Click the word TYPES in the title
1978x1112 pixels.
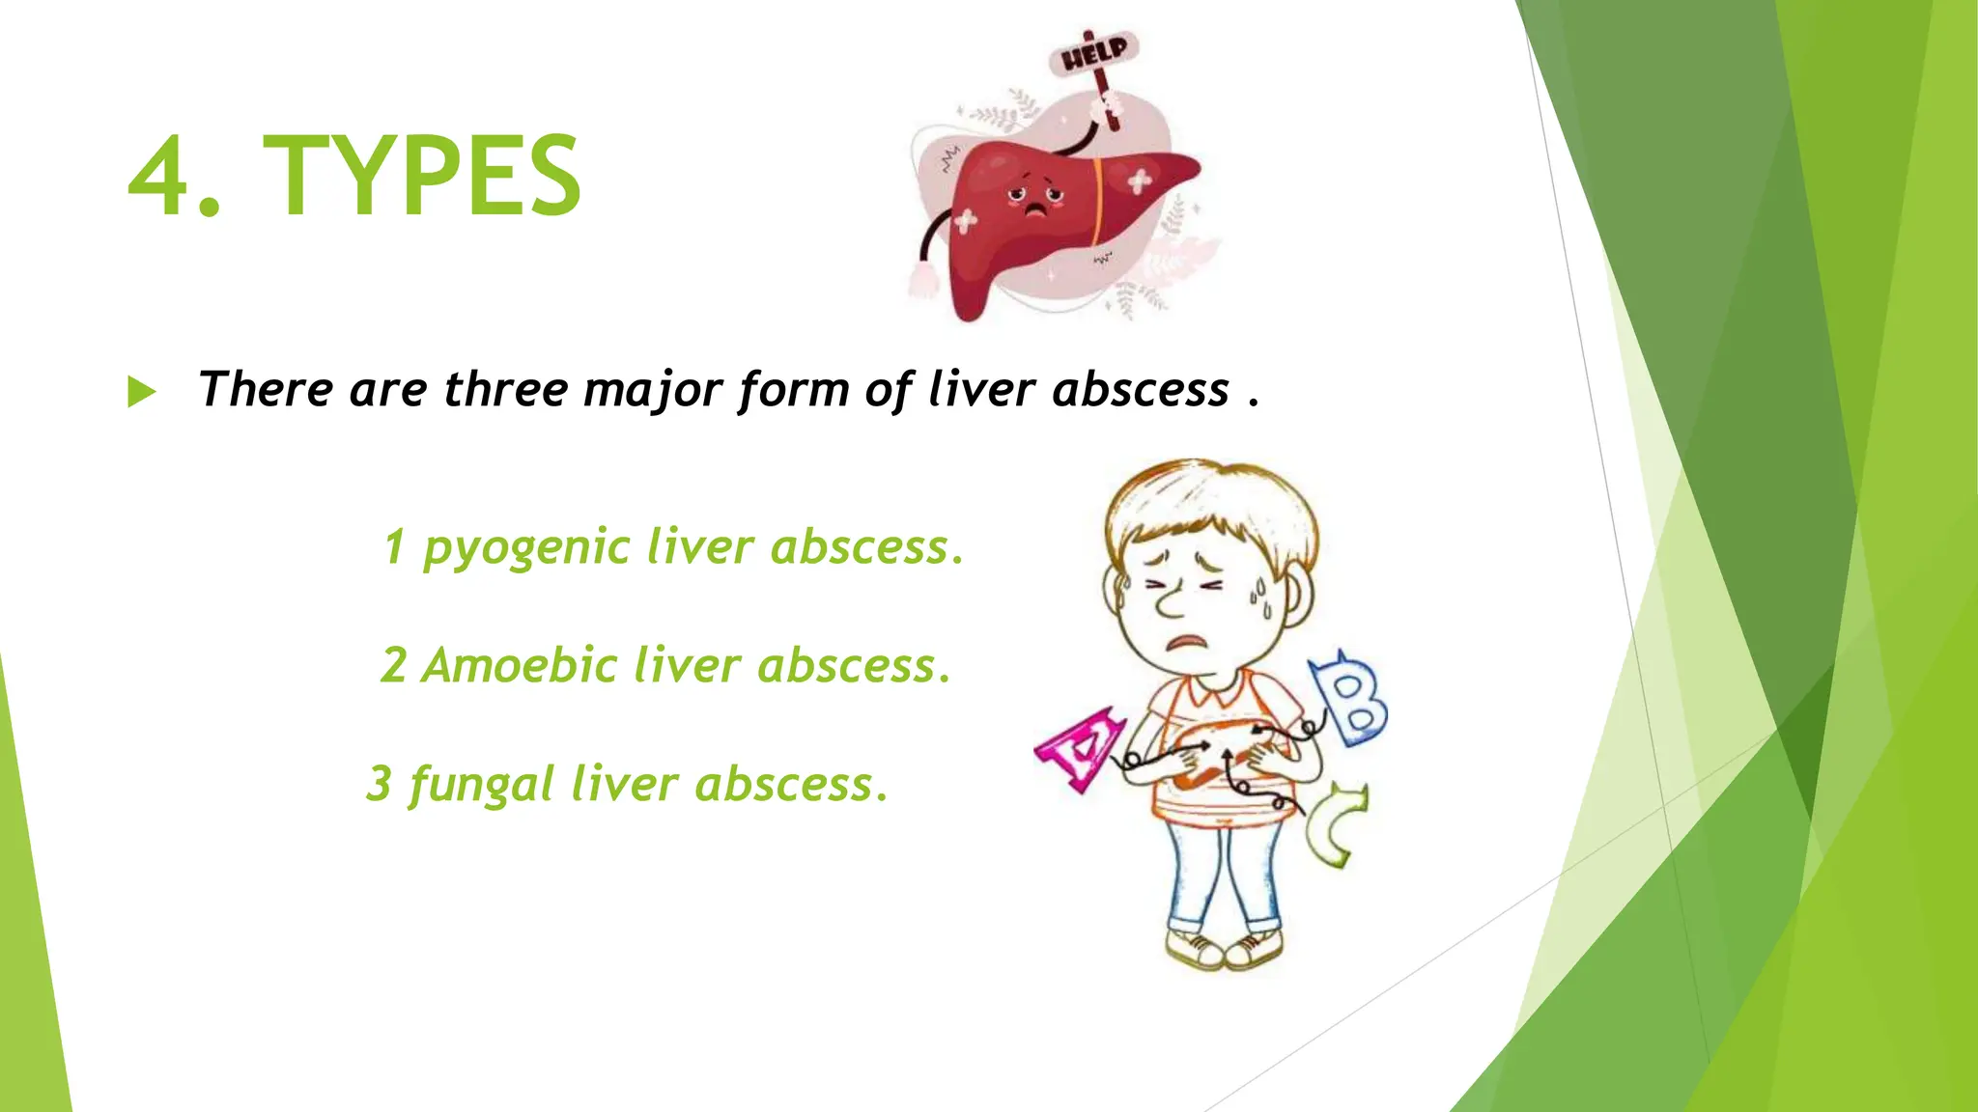422,176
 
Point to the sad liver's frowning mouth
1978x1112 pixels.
1035,210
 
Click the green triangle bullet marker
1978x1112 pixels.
141,392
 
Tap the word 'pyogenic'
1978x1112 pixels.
526,548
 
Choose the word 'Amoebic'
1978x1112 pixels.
519,665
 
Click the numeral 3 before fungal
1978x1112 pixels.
379,783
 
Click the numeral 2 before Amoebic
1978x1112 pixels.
393,665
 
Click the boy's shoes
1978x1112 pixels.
1225,950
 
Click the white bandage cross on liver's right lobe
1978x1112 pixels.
1140,181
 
